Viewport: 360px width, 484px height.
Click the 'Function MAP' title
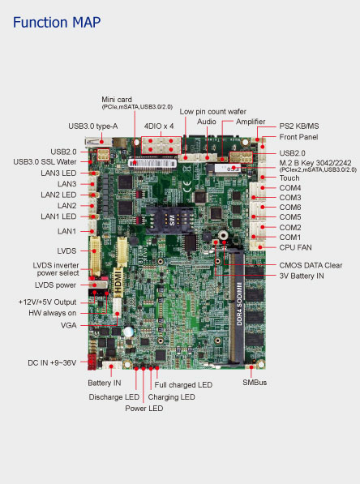coord(57,23)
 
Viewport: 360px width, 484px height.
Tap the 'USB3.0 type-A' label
coord(93,126)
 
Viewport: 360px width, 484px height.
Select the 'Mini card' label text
coord(117,100)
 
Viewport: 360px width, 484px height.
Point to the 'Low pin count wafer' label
coord(213,111)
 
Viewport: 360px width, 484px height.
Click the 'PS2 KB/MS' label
coord(299,126)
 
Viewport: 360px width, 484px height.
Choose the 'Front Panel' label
coord(298,137)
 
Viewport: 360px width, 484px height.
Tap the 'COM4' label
coord(290,188)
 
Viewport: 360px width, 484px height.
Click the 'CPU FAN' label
coord(295,247)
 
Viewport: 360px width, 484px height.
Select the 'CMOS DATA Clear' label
coord(311,265)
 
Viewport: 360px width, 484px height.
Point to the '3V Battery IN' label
coord(302,276)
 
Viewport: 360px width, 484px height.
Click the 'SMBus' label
coord(255,383)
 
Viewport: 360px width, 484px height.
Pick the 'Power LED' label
coord(144,409)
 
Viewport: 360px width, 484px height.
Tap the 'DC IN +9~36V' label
coord(52,362)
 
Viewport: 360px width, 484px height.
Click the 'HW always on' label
coord(52,313)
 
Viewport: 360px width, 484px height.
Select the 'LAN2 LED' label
coord(58,195)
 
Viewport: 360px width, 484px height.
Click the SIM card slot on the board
coord(169,220)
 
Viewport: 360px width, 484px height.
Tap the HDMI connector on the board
coord(118,281)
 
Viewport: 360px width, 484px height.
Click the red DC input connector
coord(92,362)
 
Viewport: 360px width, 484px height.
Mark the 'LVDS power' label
coord(55,285)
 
